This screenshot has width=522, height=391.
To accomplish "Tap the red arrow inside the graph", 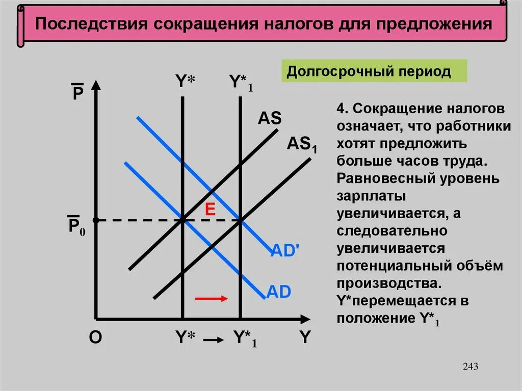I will pyautogui.click(x=211, y=298).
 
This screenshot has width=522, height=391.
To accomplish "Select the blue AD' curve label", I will pyautogui.click(x=284, y=250).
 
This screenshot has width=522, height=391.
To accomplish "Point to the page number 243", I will pyautogui.click(x=471, y=367).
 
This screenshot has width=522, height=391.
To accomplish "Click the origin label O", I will pyautogui.click(x=95, y=337).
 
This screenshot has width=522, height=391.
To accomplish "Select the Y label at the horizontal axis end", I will pyautogui.click(x=305, y=337).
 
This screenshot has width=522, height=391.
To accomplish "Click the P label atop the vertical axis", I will pyautogui.click(x=77, y=93).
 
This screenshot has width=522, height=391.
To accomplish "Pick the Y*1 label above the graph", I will pyautogui.click(x=240, y=83).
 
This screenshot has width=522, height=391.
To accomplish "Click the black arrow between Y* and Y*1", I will pyautogui.click(x=214, y=339).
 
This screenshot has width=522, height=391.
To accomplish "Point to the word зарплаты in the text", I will pyautogui.click(x=363, y=197).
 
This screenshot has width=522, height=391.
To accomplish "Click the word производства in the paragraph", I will pyautogui.click(x=385, y=283).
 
